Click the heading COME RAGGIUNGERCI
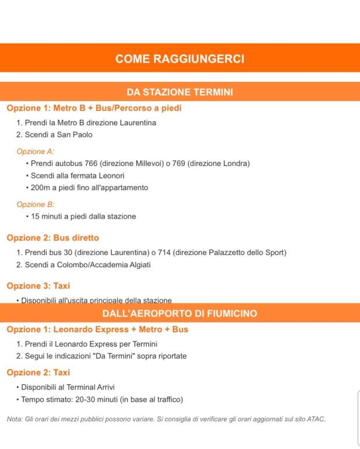(179, 58)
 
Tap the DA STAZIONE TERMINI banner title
(179, 92)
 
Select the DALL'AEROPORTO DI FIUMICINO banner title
(179, 313)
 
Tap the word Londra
(234, 163)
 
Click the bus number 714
(164, 253)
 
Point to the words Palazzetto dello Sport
(246, 253)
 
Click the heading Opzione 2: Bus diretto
(53, 238)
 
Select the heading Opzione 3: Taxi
(38, 286)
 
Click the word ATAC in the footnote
(316, 419)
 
